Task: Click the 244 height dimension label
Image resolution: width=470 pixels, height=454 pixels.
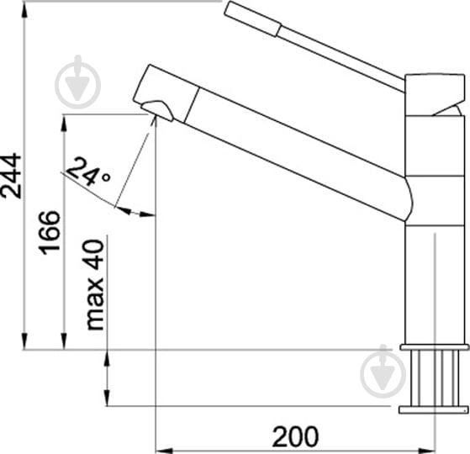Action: pyautogui.click(x=11, y=176)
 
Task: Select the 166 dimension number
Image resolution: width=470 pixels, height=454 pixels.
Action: pyautogui.click(x=50, y=232)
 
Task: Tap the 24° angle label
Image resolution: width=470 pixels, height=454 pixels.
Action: pyautogui.click(x=87, y=172)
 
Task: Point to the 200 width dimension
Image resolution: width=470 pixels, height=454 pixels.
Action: pyautogui.click(x=295, y=436)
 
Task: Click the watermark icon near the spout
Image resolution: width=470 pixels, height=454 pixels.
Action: pyautogui.click(x=77, y=82)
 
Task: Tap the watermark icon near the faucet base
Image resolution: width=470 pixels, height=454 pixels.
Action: pyautogui.click(x=383, y=372)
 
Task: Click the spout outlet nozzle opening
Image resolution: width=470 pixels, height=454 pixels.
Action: pyautogui.click(x=157, y=110)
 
